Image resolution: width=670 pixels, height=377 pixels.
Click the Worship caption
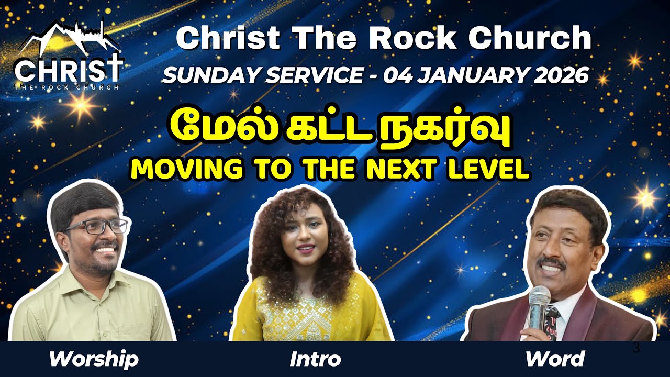(94, 359)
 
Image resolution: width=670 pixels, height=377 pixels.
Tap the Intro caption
(315, 359)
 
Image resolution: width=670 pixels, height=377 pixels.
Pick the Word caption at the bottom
(555, 359)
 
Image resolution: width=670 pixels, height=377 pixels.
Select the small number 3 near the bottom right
(636, 348)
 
